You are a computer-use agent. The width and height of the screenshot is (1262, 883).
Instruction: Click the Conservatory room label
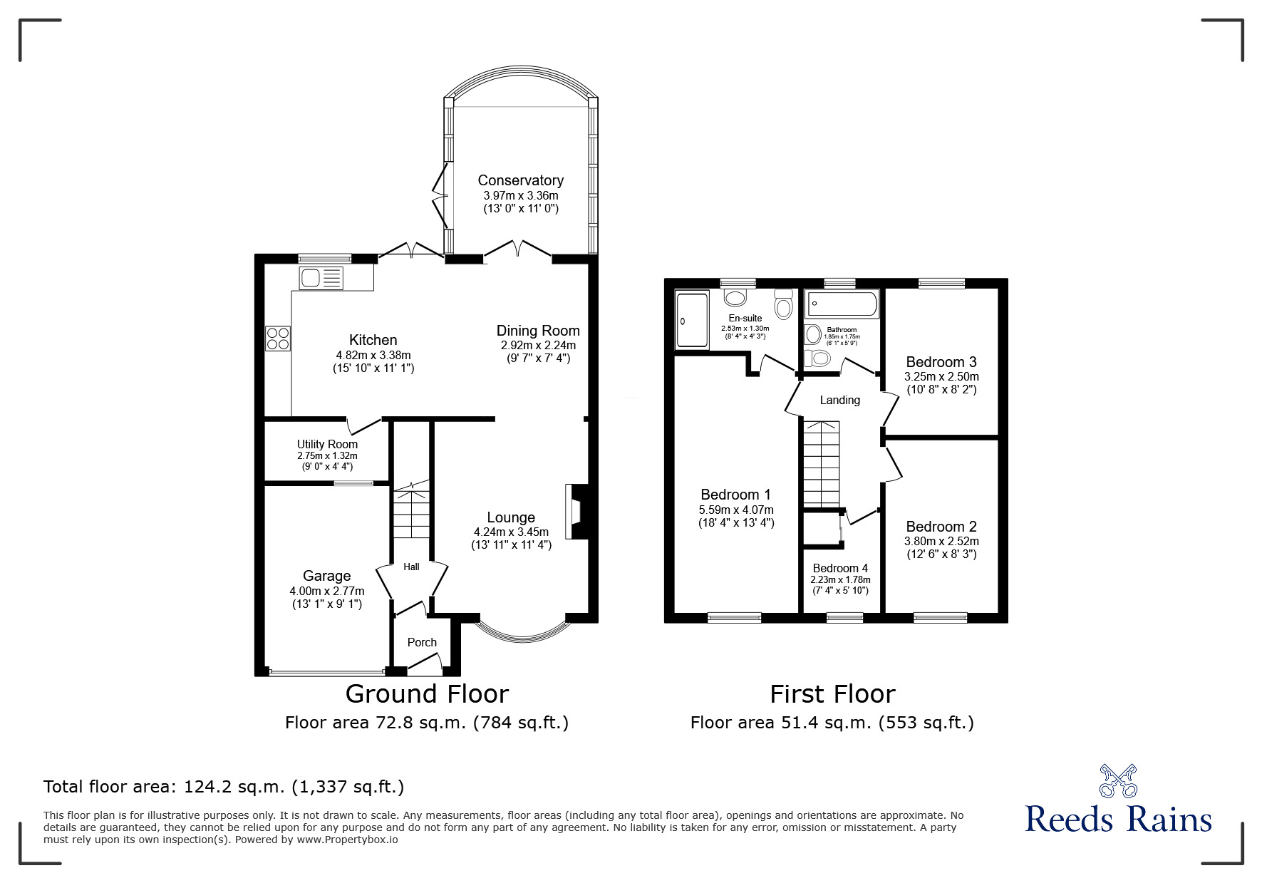click(x=520, y=180)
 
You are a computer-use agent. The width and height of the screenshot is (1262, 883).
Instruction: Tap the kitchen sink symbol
click(x=321, y=278)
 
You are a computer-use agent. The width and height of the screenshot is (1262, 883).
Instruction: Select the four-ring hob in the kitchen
click(x=278, y=338)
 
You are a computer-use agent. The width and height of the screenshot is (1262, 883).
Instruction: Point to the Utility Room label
click(x=327, y=444)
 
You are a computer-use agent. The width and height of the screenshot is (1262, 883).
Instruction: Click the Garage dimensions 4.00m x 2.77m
click(x=327, y=591)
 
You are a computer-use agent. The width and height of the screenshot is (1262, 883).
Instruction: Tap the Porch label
click(x=422, y=642)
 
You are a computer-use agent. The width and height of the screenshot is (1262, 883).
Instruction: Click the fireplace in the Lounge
click(x=574, y=512)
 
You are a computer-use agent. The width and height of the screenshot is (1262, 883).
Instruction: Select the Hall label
click(x=411, y=567)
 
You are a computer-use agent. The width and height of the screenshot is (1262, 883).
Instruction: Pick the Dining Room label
click(x=538, y=331)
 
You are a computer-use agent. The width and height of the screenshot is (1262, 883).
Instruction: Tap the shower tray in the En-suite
click(x=692, y=319)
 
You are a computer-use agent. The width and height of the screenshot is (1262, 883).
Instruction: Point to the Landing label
click(x=839, y=400)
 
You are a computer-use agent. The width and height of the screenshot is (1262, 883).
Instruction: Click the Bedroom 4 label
click(x=840, y=568)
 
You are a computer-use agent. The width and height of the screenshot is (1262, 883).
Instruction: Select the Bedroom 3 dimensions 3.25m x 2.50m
click(x=941, y=376)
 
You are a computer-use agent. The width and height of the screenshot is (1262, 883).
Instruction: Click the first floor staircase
click(x=822, y=463)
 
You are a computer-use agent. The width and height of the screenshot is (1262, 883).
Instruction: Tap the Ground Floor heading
click(x=427, y=693)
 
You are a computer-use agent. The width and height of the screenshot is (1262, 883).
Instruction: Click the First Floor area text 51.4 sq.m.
click(x=832, y=723)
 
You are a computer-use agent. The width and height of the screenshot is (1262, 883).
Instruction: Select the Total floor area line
click(x=224, y=787)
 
